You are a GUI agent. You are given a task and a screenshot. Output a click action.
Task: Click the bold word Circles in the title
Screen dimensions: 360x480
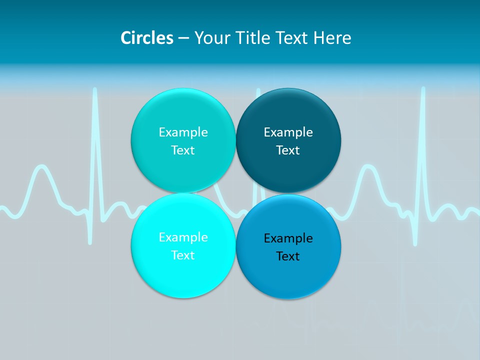pyautogui.click(x=147, y=38)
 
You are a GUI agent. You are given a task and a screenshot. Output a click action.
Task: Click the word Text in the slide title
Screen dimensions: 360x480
pyautogui.click(x=293, y=38)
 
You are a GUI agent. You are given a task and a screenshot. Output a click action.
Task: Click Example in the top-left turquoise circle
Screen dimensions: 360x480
pyautogui.click(x=183, y=132)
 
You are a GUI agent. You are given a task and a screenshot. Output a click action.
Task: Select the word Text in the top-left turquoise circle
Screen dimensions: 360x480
pyautogui.click(x=183, y=150)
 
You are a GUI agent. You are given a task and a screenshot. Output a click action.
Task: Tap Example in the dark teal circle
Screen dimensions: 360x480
pyautogui.click(x=288, y=132)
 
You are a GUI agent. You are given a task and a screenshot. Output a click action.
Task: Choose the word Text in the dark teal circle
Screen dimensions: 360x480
pyautogui.click(x=288, y=150)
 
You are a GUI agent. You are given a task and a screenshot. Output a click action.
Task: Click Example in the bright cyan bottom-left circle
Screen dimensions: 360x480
pyautogui.click(x=183, y=237)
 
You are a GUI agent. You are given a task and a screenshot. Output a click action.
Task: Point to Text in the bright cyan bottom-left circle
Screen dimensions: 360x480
pyautogui.click(x=183, y=255)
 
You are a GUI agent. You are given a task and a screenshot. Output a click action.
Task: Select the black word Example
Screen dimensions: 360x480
pyautogui.click(x=288, y=238)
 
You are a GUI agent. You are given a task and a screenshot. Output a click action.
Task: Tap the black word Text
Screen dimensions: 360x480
pyautogui.click(x=288, y=256)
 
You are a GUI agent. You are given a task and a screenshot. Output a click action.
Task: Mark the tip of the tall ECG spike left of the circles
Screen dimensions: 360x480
pyautogui.click(x=94, y=90)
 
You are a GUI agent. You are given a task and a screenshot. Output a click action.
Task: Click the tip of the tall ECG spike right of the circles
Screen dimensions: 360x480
pyautogui.click(x=423, y=89)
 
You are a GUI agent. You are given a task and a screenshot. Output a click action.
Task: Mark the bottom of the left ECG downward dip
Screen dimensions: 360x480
pyautogui.click(x=90, y=242)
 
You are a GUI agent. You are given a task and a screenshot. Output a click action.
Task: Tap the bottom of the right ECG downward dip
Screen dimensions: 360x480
pyautogui.click(x=415, y=243)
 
